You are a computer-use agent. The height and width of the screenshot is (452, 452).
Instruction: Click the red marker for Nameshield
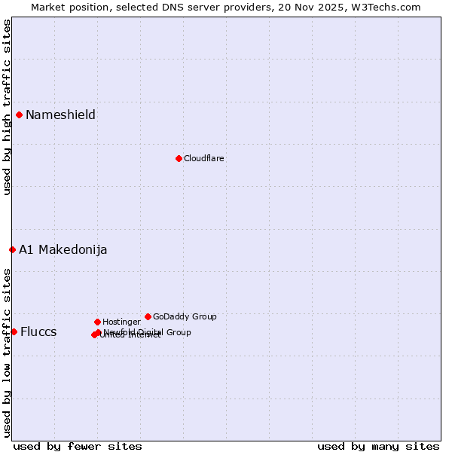pyautogui.click(x=19, y=115)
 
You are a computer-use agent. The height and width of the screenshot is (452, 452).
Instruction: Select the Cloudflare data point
pyautogui.click(x=179, y=158)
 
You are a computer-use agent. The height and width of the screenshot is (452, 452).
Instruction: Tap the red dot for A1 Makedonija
pyautogui.click(x=12, y=249)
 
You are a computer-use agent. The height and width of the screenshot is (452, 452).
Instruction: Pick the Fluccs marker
pyautogui.click(x=14, y=331)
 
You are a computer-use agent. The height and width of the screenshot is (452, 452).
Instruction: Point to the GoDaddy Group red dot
pyautogui.click(x=148, y=316)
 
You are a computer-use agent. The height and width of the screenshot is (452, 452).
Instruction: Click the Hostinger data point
pyautogui.click(x=97, y=322)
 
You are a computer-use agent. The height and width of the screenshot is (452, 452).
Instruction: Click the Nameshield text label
pyautogui.click(x=60, y=115)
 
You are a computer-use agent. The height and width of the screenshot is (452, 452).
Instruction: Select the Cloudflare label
pyautogui.click(x=203, y=158)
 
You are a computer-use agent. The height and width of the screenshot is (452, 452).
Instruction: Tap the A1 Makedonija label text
pyautogui.click(x=63, y=249)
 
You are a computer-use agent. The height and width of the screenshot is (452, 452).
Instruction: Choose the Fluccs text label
pyautogui.click(x=38, y=331)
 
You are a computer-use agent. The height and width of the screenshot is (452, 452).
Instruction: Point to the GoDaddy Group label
pyautogui.click(x=185, y=316)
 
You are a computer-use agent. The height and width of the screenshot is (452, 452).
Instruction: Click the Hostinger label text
pyautogui.click(x=121, y=322)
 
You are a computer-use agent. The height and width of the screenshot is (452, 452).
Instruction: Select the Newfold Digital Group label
pyautogui.click(x=148, y=331)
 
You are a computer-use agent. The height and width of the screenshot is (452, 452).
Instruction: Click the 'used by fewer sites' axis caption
pyautogui.click(x=78, y=446)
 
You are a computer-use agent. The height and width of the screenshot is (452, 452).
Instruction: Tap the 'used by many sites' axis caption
pyautogui.click(x=378, y=446)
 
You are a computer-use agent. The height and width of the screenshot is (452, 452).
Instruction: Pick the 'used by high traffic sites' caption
pyautogui.click(x=7, y=107)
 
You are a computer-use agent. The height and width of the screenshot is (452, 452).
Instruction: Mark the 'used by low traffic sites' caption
pyautogui.click(x=7, y=352)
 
